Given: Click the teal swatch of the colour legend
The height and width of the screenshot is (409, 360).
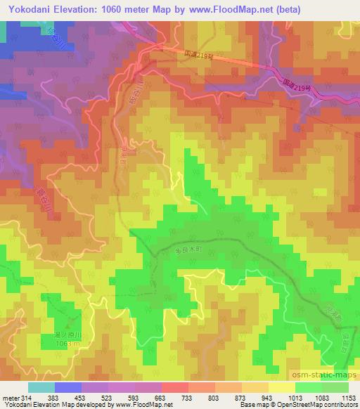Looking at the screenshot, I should pyautogui.click(x=41, y=387).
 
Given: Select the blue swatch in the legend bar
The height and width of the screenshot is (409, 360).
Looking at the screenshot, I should pyautogui.click(x=68, y=387).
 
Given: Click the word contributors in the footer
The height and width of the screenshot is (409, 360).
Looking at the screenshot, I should pyautogui.click(x=335, y=405).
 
